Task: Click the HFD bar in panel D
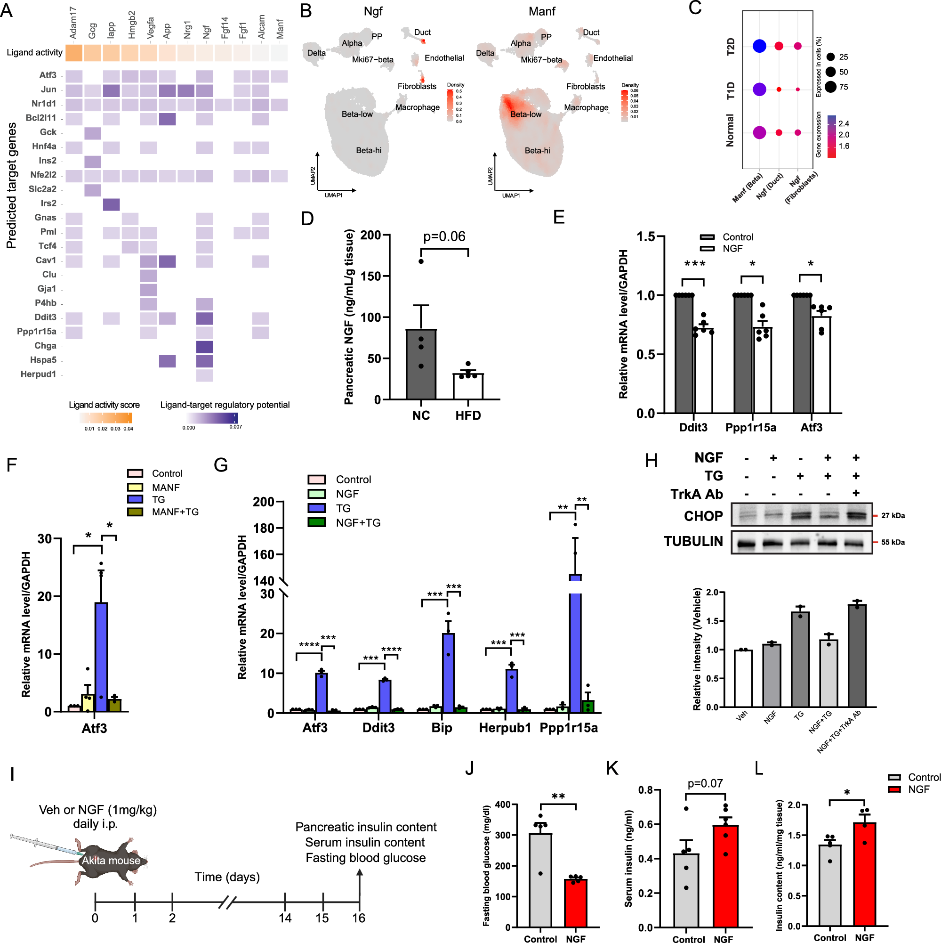(467, 386)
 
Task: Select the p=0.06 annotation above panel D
(444, 237)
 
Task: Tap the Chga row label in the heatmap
(45, 346)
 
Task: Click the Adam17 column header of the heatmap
(73, 23)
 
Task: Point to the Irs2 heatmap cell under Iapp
(111, 204)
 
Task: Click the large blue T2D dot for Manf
(759, 46)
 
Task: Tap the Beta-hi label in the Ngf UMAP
(368, 150)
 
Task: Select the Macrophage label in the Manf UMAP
(586, 107)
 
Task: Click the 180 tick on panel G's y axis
(263, 528)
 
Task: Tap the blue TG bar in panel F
(101, 657)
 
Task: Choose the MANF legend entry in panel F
(165, 487)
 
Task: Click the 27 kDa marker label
(892, 515)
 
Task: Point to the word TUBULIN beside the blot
(693, 541)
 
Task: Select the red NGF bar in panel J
(575, 902)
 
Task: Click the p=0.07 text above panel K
(704, 783)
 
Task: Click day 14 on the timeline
(285, 918)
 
